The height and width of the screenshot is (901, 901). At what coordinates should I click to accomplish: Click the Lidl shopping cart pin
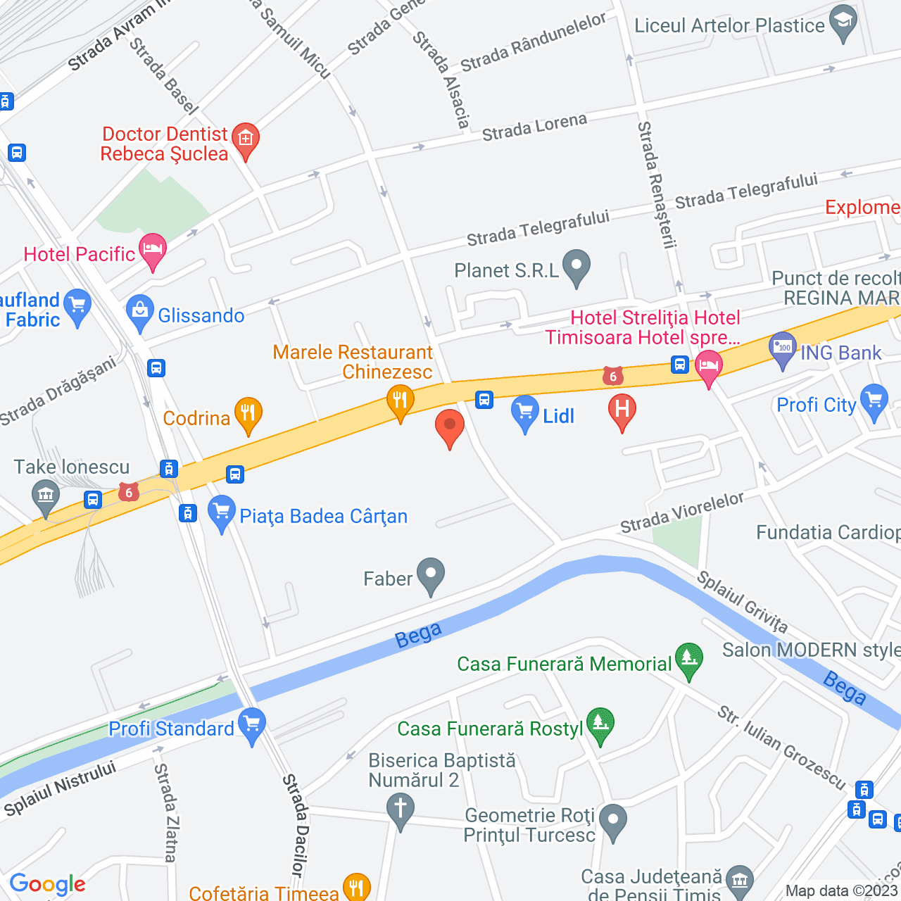coord(524,413)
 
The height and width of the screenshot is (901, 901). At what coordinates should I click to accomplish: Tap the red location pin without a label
coord(449,427)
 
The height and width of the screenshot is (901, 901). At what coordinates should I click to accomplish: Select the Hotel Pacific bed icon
coord(153,251)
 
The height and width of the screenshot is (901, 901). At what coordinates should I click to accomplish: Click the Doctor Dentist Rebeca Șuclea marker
coord(246,139)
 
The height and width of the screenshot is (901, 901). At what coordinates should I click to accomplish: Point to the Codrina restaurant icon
coord(248,415)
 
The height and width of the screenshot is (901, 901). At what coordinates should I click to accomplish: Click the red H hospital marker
coord(622,410)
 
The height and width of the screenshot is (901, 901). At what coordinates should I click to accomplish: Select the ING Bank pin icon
coord(783,349)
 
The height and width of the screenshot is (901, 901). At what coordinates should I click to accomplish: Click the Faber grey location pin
coord(431,575)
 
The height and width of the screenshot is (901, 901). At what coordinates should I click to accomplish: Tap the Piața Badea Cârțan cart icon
coord(222,512)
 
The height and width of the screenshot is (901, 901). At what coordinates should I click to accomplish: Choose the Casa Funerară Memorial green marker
coord(688,660)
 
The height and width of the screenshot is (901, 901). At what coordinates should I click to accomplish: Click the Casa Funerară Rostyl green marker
coord(600,724)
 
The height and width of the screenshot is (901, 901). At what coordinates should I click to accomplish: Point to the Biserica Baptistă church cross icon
coord(401,809)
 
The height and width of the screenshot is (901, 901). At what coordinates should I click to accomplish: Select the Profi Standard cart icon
coord(252,725)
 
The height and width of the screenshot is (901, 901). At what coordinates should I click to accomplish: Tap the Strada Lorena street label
coord(534,127)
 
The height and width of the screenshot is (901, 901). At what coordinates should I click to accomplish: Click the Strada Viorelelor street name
coord(681,512)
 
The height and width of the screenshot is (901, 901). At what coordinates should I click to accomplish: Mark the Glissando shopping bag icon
coord(140,312)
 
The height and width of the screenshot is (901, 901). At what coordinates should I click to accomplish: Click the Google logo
coord(47,884)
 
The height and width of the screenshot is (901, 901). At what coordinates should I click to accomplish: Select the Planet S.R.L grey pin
coord(576,267)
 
